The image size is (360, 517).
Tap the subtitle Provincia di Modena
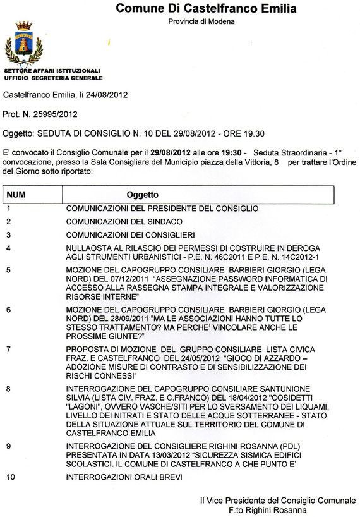click(x=201, y=21)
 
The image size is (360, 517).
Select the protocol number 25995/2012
click(x=57, y=114)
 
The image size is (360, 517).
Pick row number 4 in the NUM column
click(x=8, y=249)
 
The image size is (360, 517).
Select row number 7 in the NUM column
click(x=8, y=349)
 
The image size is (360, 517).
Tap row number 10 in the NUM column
click(x=10, y=478)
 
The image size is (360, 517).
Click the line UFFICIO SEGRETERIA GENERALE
click(x=53, y=78)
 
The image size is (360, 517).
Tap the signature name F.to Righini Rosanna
click(x=269, y=509)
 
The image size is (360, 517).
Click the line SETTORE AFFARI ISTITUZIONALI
click(x=52, y=71)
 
